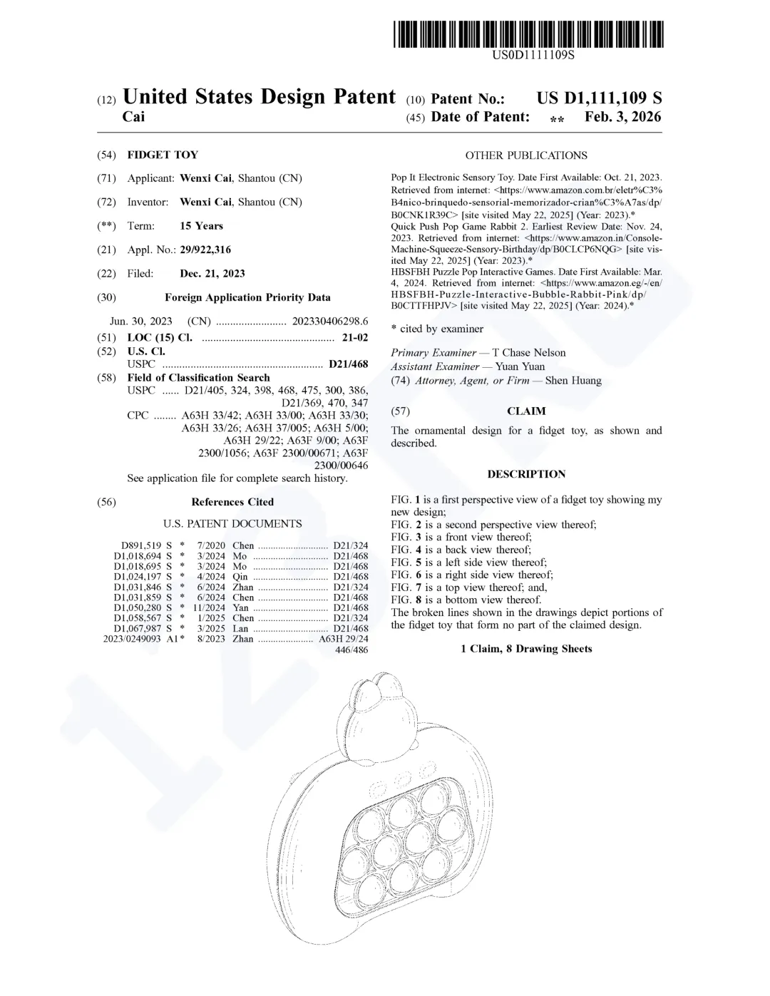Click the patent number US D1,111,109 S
(599, 98)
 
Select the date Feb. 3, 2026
(622, 117)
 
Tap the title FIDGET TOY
(163, 155)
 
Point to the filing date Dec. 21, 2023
(212, 273)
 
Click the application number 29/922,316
(205, 250)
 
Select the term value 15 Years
(201, 226)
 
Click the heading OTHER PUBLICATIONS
(526, 155)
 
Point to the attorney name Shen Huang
(573, 381)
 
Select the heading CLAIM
(526, 411)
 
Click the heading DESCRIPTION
(526, 474)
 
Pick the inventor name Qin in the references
(240, 577)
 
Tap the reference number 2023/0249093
(133, 639)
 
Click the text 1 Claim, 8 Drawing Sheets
(526, 649)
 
